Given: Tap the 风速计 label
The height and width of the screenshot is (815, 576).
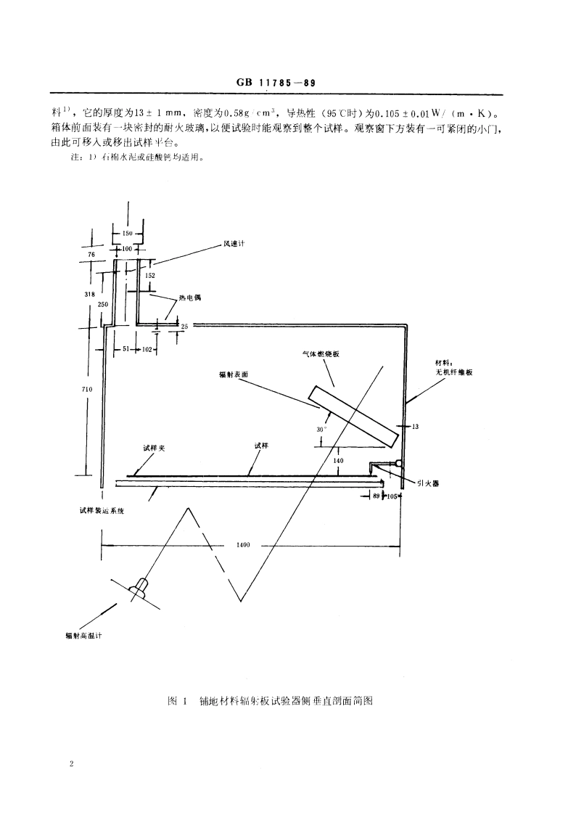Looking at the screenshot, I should pos(234,244).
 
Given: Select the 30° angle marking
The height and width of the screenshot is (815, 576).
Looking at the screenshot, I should pos(322,429).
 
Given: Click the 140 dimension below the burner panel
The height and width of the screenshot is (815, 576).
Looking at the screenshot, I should pos(338,461).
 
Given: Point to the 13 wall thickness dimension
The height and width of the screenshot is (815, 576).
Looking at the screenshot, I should pos(415,427).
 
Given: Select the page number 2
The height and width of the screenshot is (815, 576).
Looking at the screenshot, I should pos(72,763).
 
